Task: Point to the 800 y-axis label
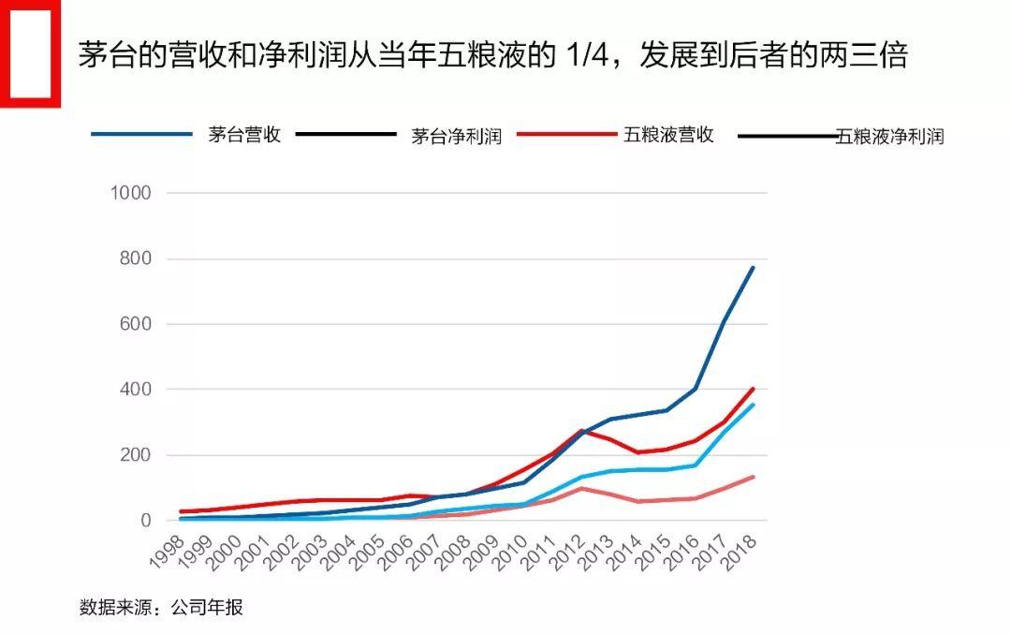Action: [135, 258]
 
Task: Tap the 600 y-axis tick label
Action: [135, 324]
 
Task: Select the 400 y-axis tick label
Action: [135, 390]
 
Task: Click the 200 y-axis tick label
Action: [135, 455]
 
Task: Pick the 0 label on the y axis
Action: [145, 521]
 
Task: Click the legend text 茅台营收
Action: [244, 135]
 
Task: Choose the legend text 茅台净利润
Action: [457, 137]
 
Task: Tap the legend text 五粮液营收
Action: [668, 135]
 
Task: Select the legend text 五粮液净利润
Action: [890, 137]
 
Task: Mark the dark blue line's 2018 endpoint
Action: [753, 268]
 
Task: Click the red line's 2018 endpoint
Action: [753, 389]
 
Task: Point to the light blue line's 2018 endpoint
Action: [753, 406]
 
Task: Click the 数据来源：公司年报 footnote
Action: [161, 607]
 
